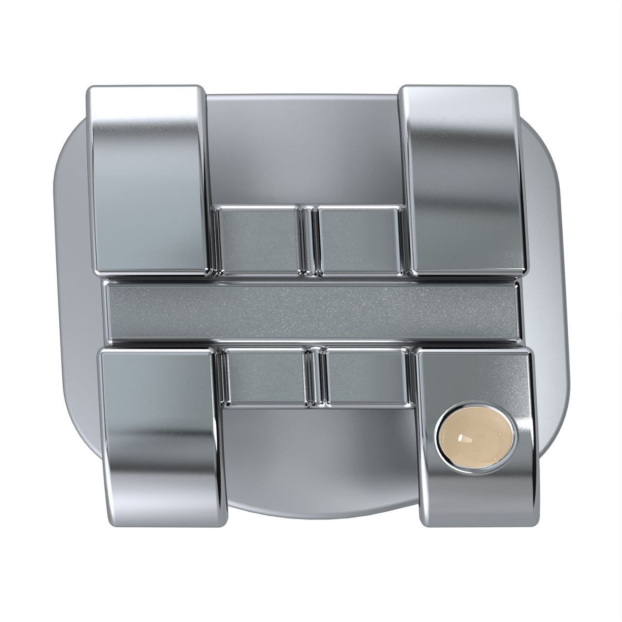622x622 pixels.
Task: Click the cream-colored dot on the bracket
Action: (476, 431)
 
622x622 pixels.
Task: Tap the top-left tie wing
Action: (146, 180)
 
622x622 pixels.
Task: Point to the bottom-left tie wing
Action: (160, 428)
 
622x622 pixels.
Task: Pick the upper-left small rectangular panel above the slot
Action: (258, 238)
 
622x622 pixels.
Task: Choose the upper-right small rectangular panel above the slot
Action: (360, 238)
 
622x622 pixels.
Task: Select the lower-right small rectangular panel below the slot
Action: (367, 377)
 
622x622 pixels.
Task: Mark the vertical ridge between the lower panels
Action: (316, 377)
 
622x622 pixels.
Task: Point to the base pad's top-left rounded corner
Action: (73, 146)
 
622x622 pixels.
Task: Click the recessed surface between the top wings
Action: (304, 146)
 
